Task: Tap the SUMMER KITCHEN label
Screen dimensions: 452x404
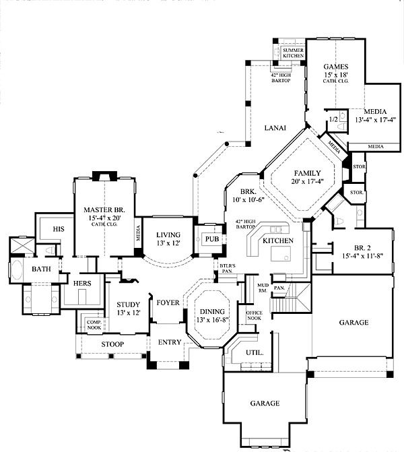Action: tap(293, 53)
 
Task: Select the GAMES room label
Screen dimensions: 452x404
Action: tap(335, 66)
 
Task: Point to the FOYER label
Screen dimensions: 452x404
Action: tap(168, 302)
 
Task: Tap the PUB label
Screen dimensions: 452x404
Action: tap(213, 239)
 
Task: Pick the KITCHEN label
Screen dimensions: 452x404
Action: tap(277, 240)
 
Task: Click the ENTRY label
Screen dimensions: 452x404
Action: tap(170, 342)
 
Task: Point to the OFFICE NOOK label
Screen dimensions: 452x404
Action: tap(254, 316)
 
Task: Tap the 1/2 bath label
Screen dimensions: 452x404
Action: tap(332, 119)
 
